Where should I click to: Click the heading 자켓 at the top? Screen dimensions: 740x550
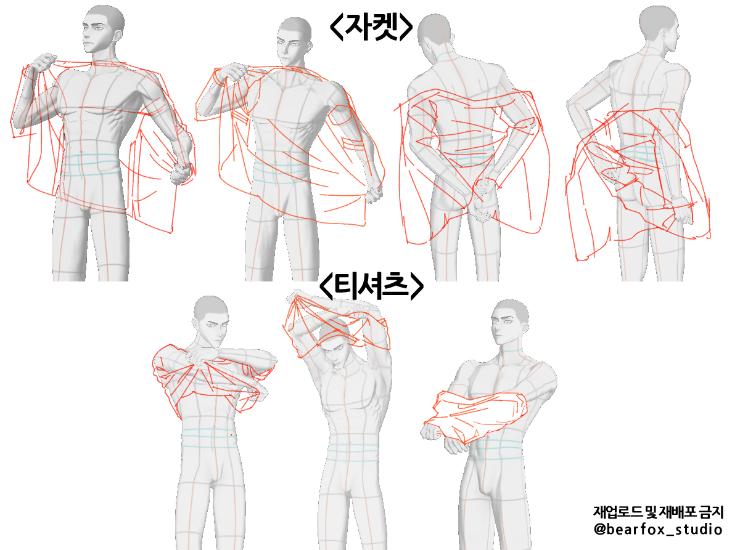click(371, 27)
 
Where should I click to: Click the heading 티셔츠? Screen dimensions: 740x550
click(371, 286)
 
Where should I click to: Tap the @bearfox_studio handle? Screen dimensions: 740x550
click(658, 529)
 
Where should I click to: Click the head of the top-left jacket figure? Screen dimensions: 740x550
click(103, 30)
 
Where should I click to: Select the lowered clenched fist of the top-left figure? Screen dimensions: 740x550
click(182, 174)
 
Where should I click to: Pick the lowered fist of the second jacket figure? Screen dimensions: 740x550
click(374, 193)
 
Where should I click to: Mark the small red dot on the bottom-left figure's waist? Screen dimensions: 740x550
click(231, 435)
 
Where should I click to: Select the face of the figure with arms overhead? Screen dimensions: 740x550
click(335, 353)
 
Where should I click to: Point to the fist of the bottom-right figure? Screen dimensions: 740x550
click(430, 431)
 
